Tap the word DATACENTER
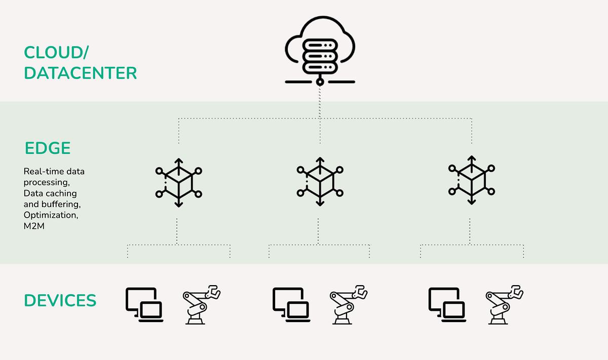pos(81,73)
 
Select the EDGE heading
pos(48,148)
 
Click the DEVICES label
pos(60,300)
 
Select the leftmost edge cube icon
pos(178,182)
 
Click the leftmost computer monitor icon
pos(143,304)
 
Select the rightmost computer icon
pos(446,304)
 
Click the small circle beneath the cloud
pos(319,81)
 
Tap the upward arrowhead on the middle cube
pos(320,161)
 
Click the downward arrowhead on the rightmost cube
pos(472,202)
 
